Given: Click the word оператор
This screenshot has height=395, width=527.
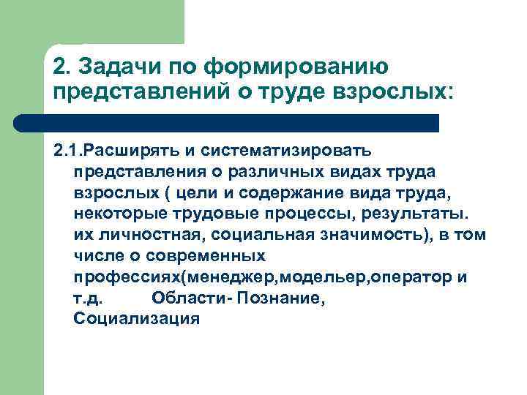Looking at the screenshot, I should (x=411, y=277).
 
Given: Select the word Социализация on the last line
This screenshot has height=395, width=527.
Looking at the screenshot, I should (x=137, y=320).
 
